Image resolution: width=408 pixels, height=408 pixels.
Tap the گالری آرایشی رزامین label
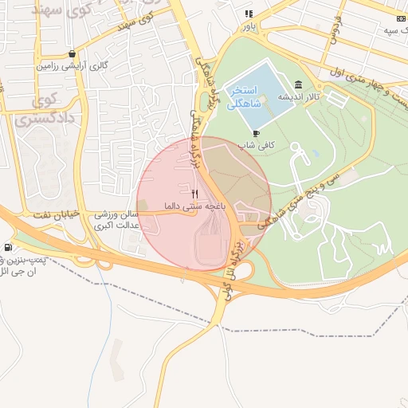[73, 65]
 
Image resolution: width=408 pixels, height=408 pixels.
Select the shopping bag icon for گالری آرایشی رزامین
[73, 54]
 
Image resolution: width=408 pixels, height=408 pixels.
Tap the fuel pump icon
[8, 249]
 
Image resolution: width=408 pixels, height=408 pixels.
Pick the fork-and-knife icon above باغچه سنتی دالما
[195, 194]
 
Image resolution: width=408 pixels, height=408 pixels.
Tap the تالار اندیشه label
[298, 96]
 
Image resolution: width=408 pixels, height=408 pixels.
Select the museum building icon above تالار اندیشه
[298, 84]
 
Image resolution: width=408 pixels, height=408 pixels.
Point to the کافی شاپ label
[256, 145]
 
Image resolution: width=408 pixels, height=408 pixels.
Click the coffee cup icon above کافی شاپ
[255, 133]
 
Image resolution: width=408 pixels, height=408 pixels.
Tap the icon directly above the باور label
[249, 14]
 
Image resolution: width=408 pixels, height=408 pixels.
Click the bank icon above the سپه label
[401, 18]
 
